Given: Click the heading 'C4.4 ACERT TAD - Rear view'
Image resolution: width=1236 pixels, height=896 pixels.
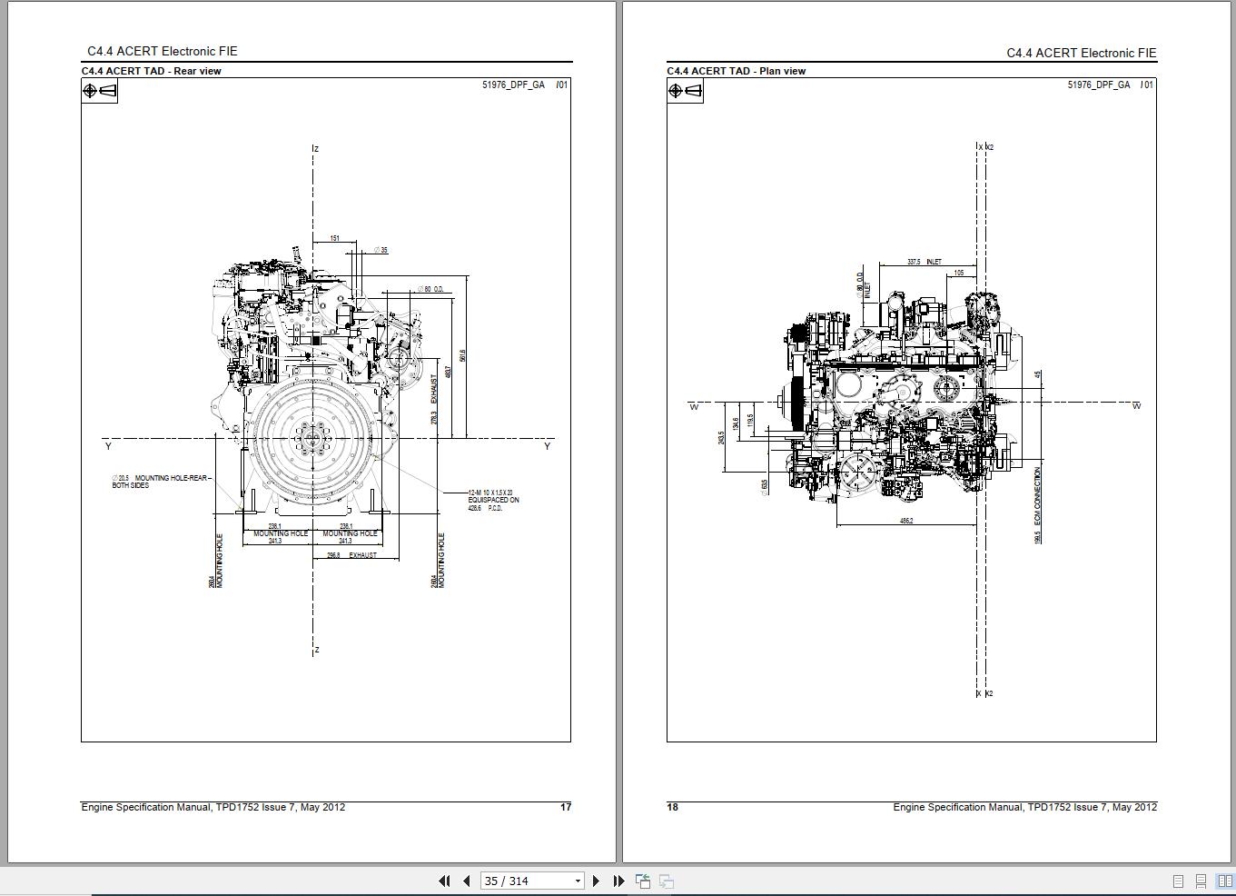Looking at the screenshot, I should [152, 71].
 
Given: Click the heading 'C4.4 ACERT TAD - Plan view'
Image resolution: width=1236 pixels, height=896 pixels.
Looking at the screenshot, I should [736, 71].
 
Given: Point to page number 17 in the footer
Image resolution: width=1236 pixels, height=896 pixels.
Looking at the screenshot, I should [566, 807].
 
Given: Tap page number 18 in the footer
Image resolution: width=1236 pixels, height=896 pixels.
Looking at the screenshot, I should [673, 807].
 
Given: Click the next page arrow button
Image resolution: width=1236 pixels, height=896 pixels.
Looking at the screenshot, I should [596, 881].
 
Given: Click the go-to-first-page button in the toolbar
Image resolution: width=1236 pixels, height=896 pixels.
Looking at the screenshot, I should [444, 881].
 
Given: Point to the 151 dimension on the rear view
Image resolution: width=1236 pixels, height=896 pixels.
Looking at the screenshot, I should [335, 239].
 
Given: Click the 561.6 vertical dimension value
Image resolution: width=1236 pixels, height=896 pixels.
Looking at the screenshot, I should [463, 356].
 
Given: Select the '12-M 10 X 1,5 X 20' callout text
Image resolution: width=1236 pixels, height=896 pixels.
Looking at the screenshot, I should [490, 493].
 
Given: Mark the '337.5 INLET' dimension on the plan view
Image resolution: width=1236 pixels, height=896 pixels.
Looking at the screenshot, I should [924, 262].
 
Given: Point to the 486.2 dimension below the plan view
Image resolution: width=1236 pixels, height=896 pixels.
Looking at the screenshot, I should [906, 521].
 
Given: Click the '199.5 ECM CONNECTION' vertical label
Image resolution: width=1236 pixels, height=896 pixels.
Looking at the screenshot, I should [1037, 505].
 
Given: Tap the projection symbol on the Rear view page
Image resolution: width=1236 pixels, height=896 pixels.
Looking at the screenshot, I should [100, 91].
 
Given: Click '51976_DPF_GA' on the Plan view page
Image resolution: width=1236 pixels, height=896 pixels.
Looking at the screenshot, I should [1098, 85].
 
